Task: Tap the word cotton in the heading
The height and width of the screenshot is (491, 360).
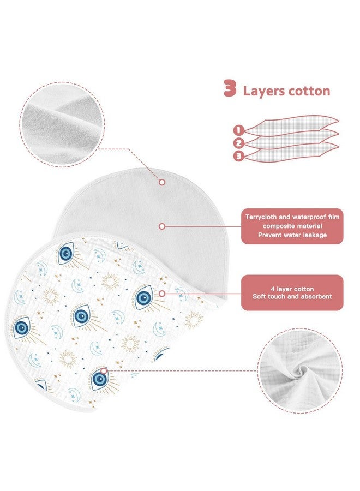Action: pos(309,91)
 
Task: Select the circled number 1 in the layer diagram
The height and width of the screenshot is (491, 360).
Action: pos(238,130)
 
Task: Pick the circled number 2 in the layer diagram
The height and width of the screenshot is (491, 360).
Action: pos(238,143)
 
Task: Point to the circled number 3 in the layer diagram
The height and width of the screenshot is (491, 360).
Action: pos(238,156)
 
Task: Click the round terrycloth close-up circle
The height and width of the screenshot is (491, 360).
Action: pos(62,124)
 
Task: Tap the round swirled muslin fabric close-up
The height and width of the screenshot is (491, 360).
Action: pos(301,371)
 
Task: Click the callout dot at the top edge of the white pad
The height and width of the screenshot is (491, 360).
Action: pos(162,182)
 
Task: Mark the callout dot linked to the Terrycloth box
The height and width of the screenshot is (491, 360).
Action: pos(162,226)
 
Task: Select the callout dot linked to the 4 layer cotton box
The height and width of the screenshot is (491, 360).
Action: pos(162,294)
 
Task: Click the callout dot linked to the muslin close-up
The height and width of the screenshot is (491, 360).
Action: pos(104,371)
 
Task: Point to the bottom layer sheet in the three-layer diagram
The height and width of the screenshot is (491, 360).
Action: pos(291,152)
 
